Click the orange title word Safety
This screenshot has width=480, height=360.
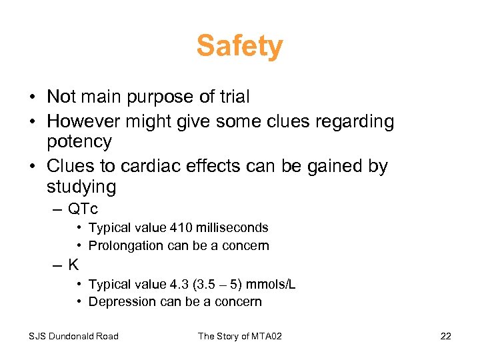coord(239,47)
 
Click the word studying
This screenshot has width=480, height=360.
coord(81,187)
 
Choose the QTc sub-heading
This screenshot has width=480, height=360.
coord(83,208)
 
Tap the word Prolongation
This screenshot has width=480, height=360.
coord(126,245)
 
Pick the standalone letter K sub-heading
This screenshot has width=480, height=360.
coord(73,265)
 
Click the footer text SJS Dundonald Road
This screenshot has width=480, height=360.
coord(73,336)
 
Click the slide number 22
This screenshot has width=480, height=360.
coord(445,336)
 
